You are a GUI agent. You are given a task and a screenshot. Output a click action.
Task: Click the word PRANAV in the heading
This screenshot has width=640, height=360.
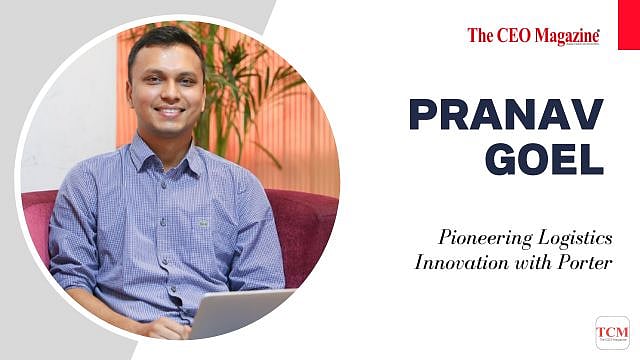pyautogui.click(x=506, y=116)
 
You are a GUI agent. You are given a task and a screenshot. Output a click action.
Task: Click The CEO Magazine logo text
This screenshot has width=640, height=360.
pyautogui.click(x=533, y=36)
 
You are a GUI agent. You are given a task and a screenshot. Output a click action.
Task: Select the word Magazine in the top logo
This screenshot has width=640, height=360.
pyautogui.click(x=565, y=36)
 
